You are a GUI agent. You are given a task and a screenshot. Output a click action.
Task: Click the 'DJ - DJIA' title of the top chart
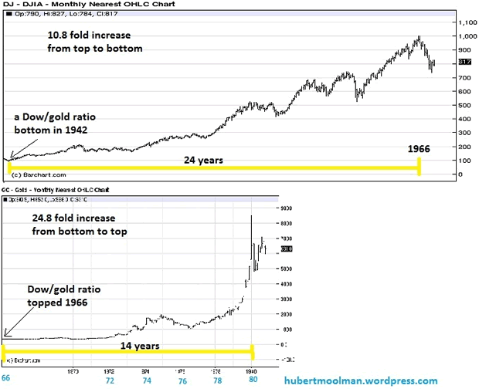point(22,5)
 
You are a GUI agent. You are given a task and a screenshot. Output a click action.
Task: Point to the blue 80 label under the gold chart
point(252,381)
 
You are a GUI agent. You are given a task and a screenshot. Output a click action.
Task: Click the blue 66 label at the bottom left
point(5,380)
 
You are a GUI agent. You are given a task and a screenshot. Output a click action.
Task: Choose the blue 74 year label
point(145,381)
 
